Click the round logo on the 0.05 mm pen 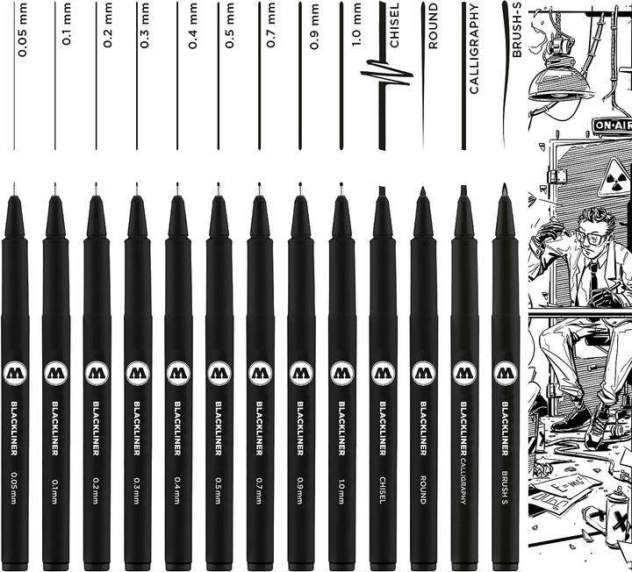click(15, 373)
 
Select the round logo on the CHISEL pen click(383, 373)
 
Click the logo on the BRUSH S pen click(505, 373)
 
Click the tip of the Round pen click(423, 190)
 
